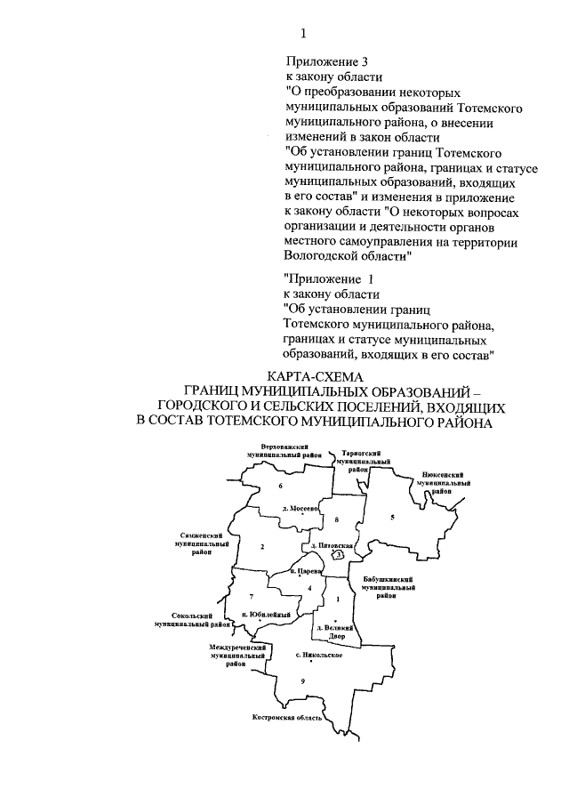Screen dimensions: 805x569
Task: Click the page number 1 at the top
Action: coord(303,34)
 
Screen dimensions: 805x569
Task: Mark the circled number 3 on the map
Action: coord(339,554)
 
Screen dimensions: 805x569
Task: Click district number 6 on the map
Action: coord(280,487)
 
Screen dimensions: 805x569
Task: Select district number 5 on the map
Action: coord(391,517)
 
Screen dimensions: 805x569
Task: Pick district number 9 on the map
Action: coord(302,680)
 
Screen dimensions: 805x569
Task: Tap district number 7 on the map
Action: coord(252,595)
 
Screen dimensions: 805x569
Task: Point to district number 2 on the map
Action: coord(263,546)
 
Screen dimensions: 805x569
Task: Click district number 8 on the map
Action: coord(337,519)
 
